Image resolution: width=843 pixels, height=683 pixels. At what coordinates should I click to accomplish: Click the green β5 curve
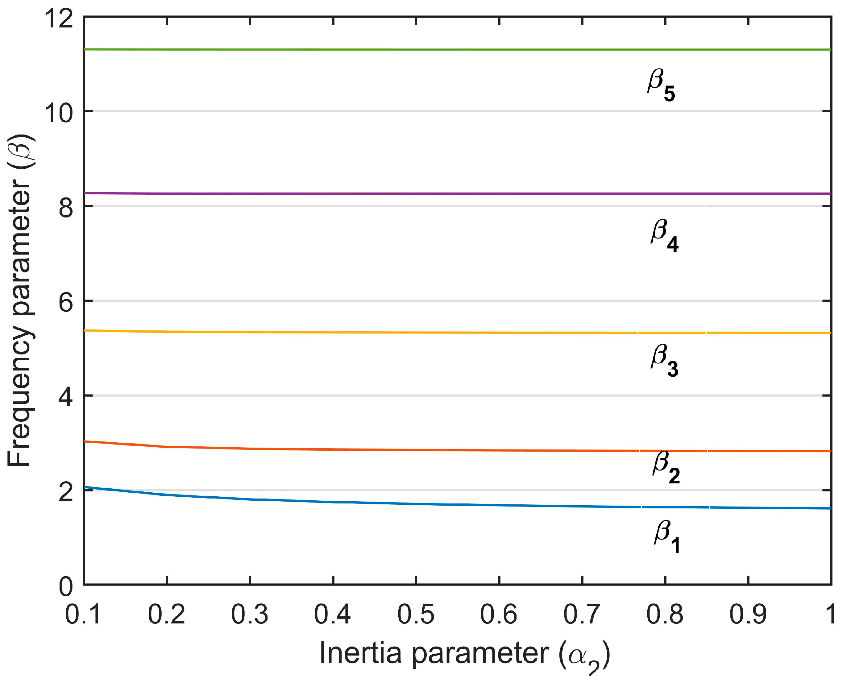click(393, 50)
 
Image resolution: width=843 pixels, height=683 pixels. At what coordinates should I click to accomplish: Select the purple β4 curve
click(393, 193)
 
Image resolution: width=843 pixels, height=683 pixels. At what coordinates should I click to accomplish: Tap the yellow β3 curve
click(393, 333)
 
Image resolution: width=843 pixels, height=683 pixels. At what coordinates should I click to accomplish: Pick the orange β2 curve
click(393, 450)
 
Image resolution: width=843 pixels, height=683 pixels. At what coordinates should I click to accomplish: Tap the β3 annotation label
click(664, 360)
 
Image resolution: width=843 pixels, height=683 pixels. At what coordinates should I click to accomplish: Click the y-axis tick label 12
click(59, 19)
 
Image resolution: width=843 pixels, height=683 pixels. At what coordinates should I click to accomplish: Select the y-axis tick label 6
click(66, 303)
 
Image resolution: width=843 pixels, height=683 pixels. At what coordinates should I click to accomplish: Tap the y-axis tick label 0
click(66, 587)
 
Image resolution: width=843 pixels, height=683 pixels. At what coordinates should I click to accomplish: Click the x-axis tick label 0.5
click(416, 614)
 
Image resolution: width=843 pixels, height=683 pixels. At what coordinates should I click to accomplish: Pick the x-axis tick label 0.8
click(665, 614)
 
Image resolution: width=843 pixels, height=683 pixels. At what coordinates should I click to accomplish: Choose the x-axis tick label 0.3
click(250, 614)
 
